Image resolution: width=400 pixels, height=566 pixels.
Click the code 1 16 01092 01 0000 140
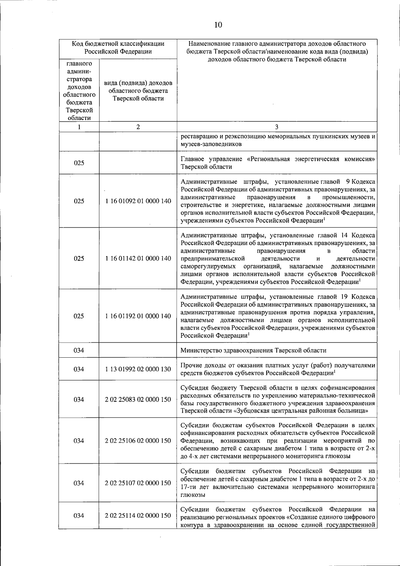(138, 201)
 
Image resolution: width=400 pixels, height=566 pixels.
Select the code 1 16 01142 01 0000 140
(138, 258)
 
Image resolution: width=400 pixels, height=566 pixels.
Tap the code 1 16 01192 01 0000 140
(138, 316)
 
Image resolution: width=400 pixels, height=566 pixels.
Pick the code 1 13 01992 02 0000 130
(138, 369)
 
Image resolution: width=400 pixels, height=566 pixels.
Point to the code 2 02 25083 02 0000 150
(138, 399)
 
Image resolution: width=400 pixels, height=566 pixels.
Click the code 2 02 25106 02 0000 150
(138, 441)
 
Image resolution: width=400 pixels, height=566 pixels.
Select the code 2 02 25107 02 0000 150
(138, 483)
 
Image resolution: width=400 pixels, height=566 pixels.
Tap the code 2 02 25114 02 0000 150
(138, 515)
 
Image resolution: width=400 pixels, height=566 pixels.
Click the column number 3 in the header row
(277, 127)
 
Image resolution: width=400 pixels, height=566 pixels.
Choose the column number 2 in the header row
(138, 127)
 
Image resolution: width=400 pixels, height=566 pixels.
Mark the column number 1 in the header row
(79, 127)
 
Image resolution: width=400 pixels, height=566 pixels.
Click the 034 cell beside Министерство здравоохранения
(79, 350)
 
